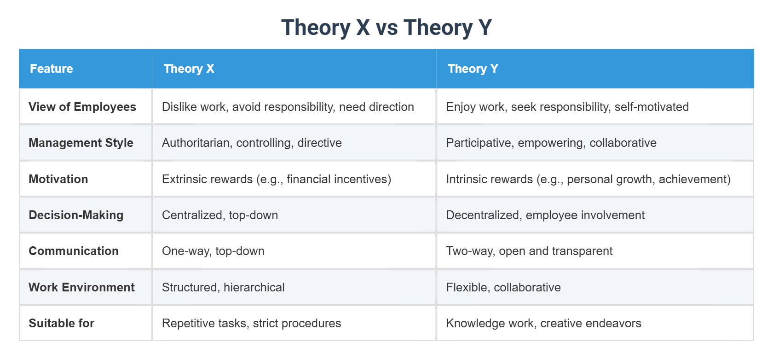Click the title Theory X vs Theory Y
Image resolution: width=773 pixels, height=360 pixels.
pos(386,28)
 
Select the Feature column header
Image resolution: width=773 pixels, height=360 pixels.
pos(52,69)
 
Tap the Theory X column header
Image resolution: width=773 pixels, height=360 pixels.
pos(189,69)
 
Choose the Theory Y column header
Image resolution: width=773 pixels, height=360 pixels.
pos(473,69)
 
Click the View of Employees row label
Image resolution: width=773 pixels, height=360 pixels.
pos(82,107)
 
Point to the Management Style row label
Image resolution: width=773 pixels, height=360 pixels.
pos(81,143)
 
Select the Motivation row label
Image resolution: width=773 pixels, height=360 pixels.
pos(58,179)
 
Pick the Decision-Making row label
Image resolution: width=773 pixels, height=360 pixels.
pos(76,215)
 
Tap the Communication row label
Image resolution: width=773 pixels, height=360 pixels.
pos(74,251)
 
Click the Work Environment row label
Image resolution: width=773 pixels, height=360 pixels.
pos(81,287)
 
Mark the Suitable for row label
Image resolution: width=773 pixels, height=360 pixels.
pos(61,323)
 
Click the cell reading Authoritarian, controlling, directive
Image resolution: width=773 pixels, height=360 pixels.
pos(252,143)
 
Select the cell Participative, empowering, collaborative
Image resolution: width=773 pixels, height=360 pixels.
pos(551,143)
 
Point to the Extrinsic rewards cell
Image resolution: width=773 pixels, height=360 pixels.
pos(277,179)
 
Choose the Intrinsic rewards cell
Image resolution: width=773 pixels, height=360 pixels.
pos(588,179)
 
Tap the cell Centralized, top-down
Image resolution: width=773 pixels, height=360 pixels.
pos(220,215)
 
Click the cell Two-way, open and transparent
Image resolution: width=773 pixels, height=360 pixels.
pos(529,251)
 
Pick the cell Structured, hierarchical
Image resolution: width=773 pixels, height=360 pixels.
pos(223,287)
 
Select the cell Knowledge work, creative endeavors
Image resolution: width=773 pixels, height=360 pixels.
pos(543,323)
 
